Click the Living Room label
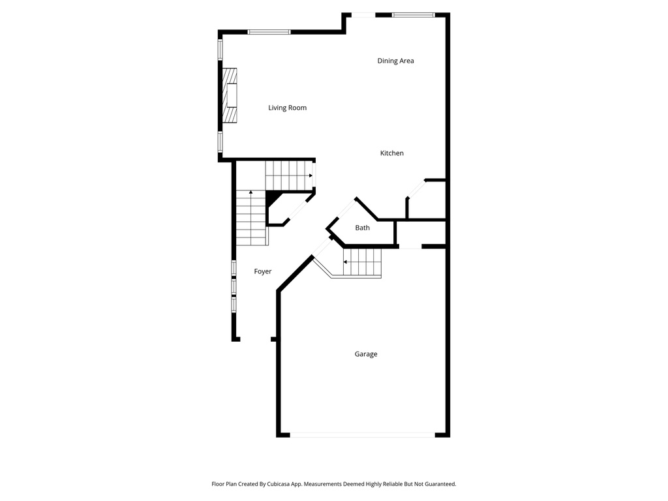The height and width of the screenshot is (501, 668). pyautogui.click(x=287, y=108)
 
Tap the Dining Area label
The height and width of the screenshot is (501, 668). pyautogui.click(x=395, y=61)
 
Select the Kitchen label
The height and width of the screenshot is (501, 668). pyautogui.click(x=391, y=153)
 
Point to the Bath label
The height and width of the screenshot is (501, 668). pyautogui.click(x=362, y=228)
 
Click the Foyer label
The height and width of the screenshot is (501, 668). pyautogui.click(x=262, y=271)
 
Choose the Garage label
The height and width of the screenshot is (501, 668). pyautogui.click(x=365, y=354)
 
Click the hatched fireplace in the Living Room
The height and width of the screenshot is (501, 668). pyautogui.click(x=229, y=95)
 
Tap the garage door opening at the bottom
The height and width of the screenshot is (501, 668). pyautogui.click(x=362, y=435)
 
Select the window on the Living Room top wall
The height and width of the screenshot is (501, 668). pyautogui.click(x=269, y=32)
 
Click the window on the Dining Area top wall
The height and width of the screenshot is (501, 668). pyautogui.click(x=413, y=16)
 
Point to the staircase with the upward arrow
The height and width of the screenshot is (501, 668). pyautogui.click(x=251, y=218)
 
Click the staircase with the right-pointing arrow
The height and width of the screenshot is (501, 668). pyautogui.click(x=289, y=175)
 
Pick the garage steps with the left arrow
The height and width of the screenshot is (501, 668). pyautogui.click(x=361, y=262)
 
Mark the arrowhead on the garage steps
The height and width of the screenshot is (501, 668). pyautogui.click(x=345, y=262)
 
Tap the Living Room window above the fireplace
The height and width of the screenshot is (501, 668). pyautogui.click(x=220, y=49)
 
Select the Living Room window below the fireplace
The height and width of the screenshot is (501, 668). pyautogui.click(x=220, y=142)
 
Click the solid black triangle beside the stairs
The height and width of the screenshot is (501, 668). pyautogui.click(x=273, y=198)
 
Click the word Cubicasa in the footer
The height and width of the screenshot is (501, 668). pyautogui.click(x=279, y=484)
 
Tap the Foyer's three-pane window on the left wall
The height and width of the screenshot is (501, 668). pyautogui.click(x=234, y=286)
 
